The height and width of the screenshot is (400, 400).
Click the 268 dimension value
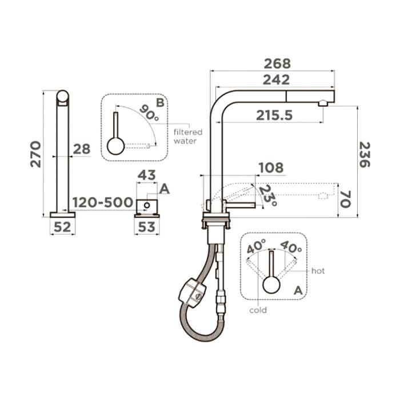point(277,64)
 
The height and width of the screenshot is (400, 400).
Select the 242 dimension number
point(276,80)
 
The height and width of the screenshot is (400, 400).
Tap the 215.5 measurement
point(274,115)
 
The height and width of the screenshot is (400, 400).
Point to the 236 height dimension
point(365,155)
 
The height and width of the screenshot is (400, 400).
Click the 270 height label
point(35,154)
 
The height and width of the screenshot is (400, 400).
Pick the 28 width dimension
point(82,149)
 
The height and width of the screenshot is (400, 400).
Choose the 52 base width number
point(62,227)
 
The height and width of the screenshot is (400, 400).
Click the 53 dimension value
point(147,227)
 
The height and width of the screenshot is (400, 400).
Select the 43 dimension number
point(146,175)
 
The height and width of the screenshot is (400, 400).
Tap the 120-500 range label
point(103,202)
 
